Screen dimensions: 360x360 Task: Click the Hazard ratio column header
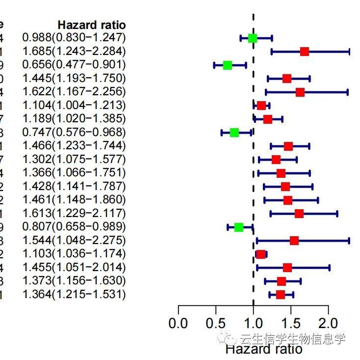pos(92,25)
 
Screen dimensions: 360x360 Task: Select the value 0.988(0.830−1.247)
pos(74,37)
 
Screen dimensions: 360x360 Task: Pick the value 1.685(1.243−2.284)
pos(74,51)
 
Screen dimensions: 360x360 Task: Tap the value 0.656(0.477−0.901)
pos(74,64)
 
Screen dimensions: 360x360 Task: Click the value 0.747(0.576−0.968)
pos(74,132)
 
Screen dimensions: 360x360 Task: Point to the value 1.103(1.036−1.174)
pos(74,254)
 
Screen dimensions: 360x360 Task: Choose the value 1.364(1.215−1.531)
pos(74,294)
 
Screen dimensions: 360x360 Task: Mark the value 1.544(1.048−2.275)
pos(74,240)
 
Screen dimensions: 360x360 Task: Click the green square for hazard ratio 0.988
pos(252,38)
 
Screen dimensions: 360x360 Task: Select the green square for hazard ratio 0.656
pos(227,65)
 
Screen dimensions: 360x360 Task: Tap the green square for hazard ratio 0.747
pos(234,133)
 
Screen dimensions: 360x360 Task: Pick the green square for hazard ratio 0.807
pos(238,227)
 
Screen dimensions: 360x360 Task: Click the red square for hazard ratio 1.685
pos(304,52)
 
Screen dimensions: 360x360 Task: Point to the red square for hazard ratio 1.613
pos(299,213)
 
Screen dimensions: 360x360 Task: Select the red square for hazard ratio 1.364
pos(280,294)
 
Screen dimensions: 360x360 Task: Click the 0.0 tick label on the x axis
pos(178,324)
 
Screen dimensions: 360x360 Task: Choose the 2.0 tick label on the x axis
pos(328,324)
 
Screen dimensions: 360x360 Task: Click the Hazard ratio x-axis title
pos(263,349)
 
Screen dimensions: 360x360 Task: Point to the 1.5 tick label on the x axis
pos(291,324)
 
